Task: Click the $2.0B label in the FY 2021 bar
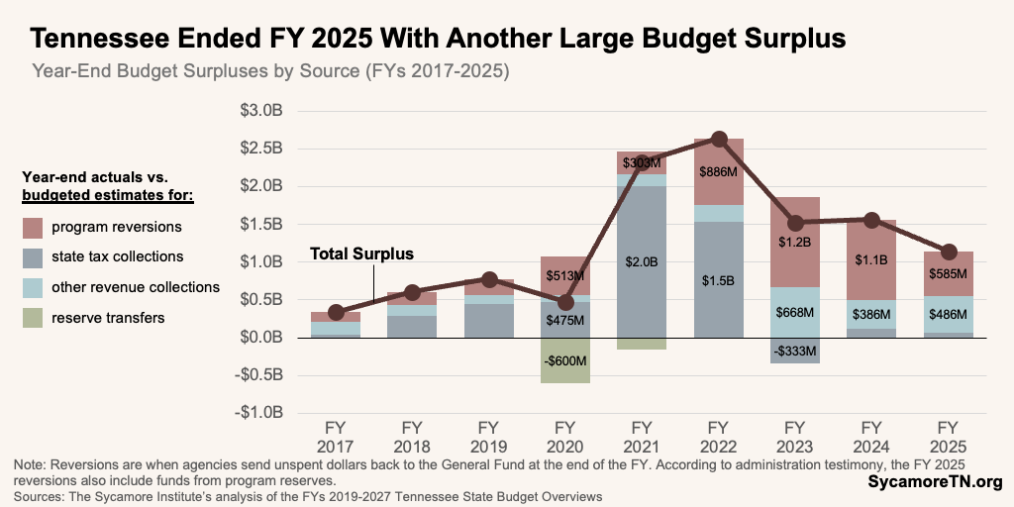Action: pos(641,260)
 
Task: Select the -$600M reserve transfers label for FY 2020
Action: pos(564,361)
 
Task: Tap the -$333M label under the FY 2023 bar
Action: pos(793,350)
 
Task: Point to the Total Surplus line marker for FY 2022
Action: pos(719,140)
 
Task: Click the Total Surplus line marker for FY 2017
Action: pos(336,312)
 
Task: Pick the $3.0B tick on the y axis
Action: pos(261,110)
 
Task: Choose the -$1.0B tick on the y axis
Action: pos(258,413)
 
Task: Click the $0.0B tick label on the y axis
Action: pos(261,338)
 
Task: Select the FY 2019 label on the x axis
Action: pos(488,437)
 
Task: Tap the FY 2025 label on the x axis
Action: pos(948,437)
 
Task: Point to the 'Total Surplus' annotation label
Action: pos(361,254)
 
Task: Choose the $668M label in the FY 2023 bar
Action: pos(793,313)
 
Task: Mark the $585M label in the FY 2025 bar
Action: pos(948,273)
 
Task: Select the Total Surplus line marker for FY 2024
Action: pos(871,220)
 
